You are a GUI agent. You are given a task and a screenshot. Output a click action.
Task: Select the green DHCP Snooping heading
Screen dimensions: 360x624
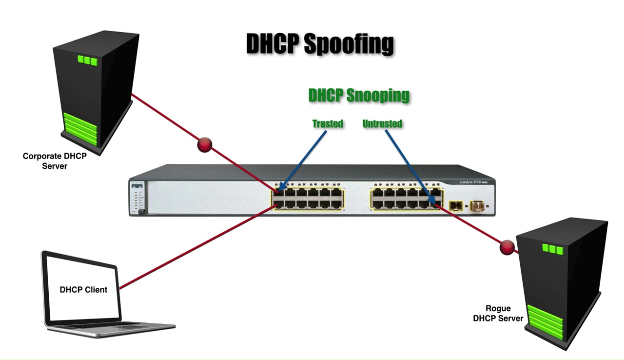click(359, 96)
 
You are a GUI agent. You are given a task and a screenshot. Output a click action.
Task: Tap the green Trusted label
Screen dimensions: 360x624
click(328, 124)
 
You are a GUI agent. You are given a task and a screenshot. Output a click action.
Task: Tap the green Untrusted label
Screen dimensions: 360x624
click(382, 124)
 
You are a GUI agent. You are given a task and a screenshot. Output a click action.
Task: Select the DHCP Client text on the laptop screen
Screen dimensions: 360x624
click(83, 289)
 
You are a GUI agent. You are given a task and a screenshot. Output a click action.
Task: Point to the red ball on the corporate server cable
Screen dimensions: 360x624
click(204, 145)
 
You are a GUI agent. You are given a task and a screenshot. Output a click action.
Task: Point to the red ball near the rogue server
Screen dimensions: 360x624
click(507, 247)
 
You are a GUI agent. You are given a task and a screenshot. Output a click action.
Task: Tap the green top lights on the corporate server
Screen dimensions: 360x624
click(87, 60)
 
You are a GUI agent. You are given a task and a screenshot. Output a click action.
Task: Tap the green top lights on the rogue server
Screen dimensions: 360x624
click(552, 249)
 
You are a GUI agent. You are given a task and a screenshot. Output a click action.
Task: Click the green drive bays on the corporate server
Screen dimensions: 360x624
click(80, 126)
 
